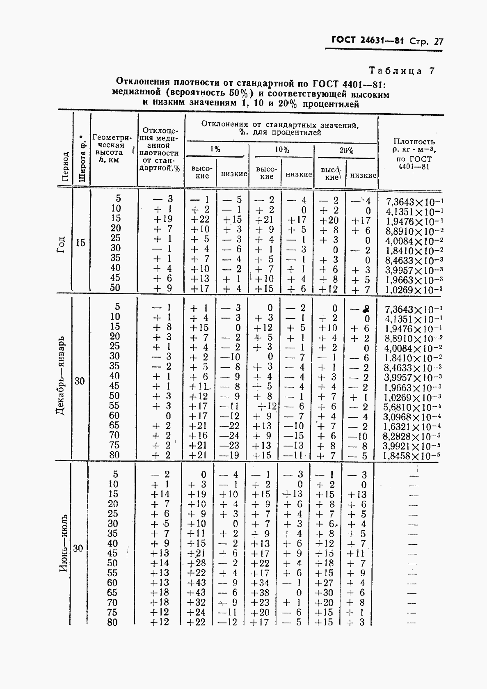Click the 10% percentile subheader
click(282, 150)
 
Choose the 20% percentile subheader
click(346, 151)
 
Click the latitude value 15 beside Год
click(80, 243)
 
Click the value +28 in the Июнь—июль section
click(197, 563)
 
